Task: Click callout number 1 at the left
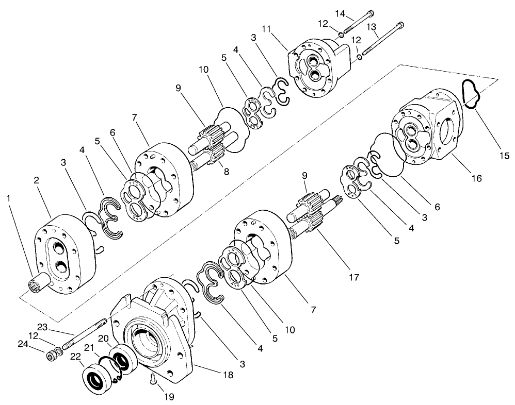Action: (8, 197)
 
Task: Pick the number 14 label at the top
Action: (340, 12)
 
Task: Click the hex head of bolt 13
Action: (400, 25)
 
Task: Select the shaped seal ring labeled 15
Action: (471, 95)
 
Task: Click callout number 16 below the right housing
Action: (476, 178)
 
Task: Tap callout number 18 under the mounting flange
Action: (227, 375)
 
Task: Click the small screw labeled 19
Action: (153, 382)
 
